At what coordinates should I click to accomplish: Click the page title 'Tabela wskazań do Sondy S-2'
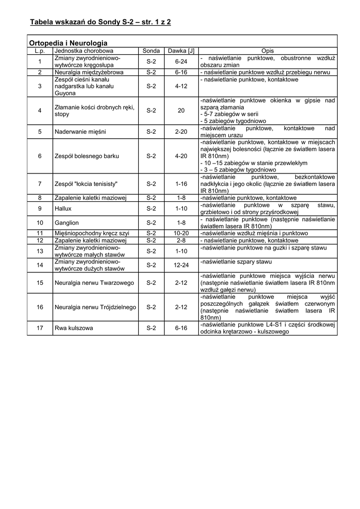pos(100,22)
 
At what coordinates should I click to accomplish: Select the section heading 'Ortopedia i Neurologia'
pos(68,43)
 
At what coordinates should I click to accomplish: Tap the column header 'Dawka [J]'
pos(180,51)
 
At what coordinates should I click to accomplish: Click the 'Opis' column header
pos(268,51)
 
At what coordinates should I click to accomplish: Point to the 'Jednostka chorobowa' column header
pos(84,51)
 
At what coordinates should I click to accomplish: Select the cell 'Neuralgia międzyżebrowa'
pos(89,72)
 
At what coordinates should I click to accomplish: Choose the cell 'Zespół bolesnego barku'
pos(87,156)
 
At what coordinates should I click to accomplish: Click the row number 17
pos(40,328)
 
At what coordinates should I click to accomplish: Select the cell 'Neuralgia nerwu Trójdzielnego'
pos(94,307)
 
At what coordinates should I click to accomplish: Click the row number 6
pos(40,156)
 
